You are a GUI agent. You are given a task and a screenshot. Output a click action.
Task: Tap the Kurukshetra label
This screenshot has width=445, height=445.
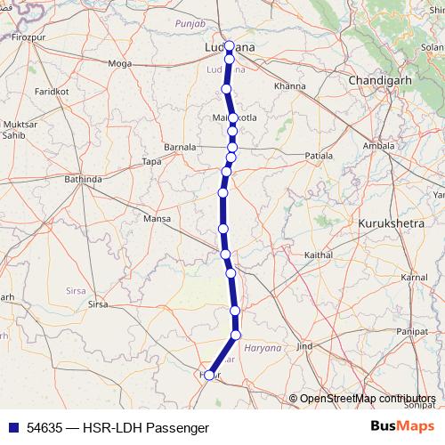click(392, 222)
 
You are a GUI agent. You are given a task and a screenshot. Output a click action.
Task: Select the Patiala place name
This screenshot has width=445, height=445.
click(319, 156)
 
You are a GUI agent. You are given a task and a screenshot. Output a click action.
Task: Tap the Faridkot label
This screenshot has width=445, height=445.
click(52, 92)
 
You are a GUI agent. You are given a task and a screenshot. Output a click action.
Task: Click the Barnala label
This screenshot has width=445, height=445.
click(181, 148)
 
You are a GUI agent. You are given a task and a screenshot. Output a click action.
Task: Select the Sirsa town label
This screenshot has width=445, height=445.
click(97, 304)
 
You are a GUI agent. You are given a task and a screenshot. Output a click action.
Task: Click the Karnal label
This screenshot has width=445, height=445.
click(414, 279)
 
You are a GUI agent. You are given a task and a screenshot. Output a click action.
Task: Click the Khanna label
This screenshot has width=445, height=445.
click(290, 86)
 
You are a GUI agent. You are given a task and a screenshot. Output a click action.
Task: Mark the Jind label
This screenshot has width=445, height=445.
click(304, 345)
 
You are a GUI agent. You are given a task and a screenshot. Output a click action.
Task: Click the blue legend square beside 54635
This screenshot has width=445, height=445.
click(12, 427)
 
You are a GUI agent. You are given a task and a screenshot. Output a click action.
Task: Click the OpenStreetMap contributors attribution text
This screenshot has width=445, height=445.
click(366, 399)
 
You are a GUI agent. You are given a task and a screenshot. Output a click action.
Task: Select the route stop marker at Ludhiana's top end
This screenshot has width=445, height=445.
click(230, 46)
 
